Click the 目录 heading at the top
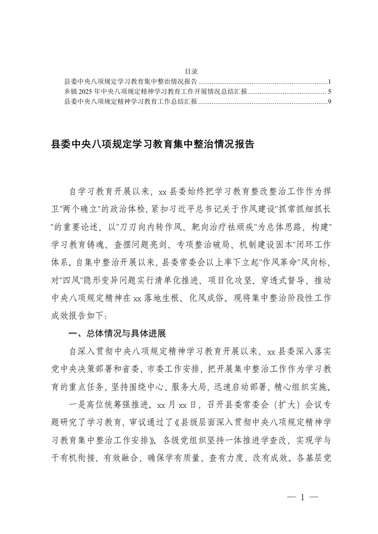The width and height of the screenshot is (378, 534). click(189, 70)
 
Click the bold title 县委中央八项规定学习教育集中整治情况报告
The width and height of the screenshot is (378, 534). click(152, 144)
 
